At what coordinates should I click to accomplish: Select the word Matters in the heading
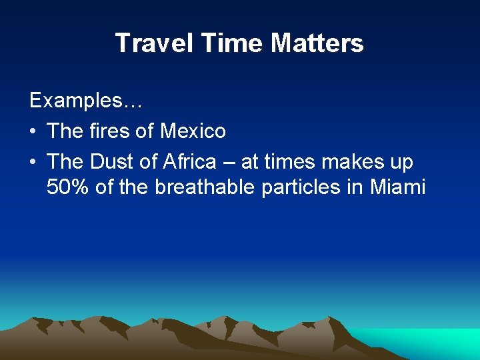click(317, 44)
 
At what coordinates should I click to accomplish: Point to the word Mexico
click(193, 131)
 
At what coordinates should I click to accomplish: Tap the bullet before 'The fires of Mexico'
click(33, 131)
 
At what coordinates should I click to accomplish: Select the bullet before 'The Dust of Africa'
click(33, 162)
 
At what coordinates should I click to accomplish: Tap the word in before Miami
click(354, 187)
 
